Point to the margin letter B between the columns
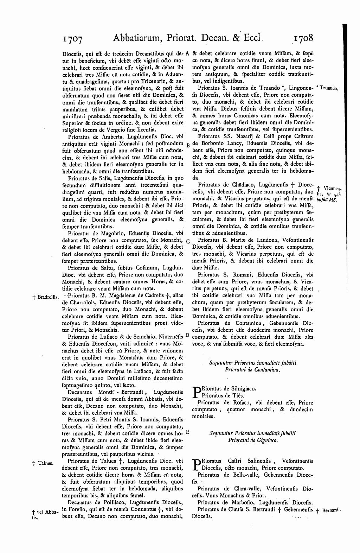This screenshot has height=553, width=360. point(188,145)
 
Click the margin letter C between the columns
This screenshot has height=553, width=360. point(188,241)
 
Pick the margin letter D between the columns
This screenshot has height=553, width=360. point(187,336)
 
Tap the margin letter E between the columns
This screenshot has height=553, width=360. point(187,431)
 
